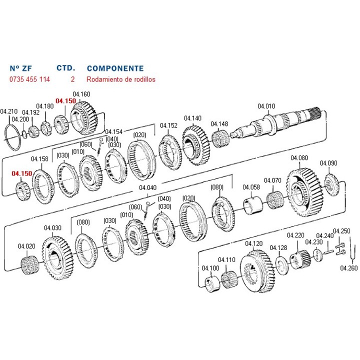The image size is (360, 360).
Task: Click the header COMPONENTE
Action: click(115, 68)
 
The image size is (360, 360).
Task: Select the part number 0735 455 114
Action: click(29, 79)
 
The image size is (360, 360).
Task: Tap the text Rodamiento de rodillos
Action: click(120, 79)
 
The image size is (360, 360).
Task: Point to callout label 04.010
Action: click(266, 106)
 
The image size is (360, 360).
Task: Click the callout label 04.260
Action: click(349, 267)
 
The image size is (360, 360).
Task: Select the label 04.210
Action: click(8, 111)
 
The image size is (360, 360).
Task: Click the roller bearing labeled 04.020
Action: click(29, 266)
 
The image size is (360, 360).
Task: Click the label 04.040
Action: click(147, 187)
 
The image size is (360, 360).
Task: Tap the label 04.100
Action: click(210, 268)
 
